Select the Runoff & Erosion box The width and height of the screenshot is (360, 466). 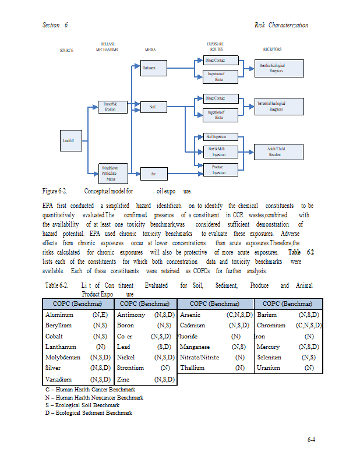tap(111, 107)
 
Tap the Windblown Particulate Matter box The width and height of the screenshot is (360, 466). tap(111, 173)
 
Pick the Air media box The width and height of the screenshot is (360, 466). tap(153, 174)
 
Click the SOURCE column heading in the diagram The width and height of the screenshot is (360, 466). tap(66, 50)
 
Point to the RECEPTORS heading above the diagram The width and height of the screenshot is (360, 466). tap(272, 50)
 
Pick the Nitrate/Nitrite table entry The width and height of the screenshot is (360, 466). tap(199, 357)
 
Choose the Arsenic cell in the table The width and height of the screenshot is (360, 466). tap(190, 315)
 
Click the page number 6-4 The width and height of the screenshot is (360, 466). tap(311, 439)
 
